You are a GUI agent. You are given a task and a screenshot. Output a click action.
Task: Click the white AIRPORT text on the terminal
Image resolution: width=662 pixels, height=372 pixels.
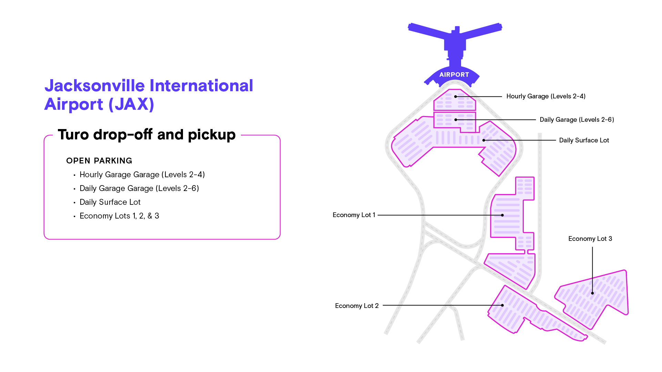(454, 75)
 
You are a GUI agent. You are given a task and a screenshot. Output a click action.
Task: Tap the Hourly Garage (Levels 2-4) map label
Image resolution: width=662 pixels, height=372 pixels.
(546, 96)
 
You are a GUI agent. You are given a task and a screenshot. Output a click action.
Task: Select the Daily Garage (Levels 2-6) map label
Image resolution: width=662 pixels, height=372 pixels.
(577, 120)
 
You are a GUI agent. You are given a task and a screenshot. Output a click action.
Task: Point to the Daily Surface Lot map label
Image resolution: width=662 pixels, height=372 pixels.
(584, 140)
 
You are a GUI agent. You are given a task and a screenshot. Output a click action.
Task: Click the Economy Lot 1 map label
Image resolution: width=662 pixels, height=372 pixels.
(354, 215)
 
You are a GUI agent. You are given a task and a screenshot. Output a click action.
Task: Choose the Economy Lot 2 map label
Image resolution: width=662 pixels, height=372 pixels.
(357, 306)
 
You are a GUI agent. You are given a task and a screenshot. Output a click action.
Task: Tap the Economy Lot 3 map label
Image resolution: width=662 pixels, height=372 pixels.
(590, 239)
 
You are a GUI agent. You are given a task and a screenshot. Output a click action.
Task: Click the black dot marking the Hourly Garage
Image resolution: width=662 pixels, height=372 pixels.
(456, 97)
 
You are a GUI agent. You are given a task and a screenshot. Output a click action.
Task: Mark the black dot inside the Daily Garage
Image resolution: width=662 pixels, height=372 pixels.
(456, 120)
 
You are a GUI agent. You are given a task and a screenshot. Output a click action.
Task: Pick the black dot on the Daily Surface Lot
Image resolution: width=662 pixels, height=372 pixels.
(484, 140)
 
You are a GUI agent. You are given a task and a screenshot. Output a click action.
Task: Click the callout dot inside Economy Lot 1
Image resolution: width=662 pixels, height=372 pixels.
(502, 215)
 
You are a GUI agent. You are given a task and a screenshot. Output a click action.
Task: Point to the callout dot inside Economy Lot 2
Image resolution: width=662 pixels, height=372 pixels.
(502, 305)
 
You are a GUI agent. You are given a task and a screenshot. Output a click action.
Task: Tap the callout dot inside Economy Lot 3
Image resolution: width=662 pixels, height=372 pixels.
(592, 293)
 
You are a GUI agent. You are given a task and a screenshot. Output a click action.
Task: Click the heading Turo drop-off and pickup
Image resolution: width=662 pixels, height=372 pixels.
(147, 135)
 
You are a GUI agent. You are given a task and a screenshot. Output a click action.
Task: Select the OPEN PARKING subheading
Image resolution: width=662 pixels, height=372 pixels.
(99, 161)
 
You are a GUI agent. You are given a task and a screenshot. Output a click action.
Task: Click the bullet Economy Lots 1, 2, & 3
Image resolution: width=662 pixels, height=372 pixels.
(119, 216)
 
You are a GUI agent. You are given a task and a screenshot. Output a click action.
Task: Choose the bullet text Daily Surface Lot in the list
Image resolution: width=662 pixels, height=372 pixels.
(110, 202)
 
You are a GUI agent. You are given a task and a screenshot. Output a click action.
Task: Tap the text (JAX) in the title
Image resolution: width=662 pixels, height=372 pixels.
(131, 104)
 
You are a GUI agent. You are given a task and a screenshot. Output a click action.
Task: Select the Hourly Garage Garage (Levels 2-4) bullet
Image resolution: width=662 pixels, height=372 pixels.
(142, 175)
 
